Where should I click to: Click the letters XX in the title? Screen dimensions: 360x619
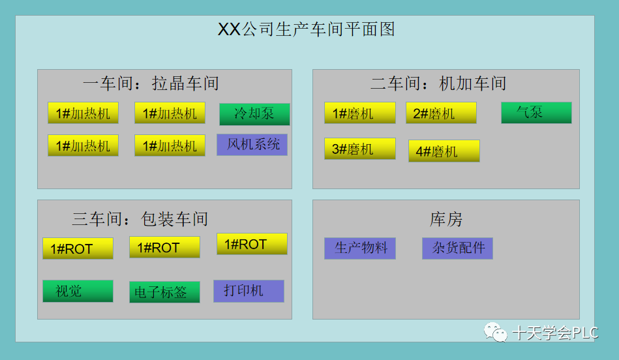(x=229, y=29)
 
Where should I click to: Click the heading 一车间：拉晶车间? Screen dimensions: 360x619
(x=151, y=83)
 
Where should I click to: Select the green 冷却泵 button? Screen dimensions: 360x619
(x=254, y=113)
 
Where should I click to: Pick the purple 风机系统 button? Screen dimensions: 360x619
(x=252, y=144)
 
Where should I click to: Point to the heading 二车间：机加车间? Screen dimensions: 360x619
(x=438, y=83)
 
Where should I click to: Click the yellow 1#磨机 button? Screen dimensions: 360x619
(x=359, y=113)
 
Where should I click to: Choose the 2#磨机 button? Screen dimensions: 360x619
(x=441, y=113)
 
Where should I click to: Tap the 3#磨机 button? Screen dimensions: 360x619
(x=359, y=149)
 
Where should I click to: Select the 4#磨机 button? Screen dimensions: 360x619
(x=444, y=151)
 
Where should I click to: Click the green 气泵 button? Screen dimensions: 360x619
(x=536, y=112)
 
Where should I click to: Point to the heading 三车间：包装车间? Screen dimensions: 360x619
(x=140, y=219)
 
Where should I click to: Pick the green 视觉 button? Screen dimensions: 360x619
(x=78, y=291)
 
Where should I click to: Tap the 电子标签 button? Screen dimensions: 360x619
(x=164, y=292)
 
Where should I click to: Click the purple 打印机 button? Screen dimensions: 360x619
(x=249, y=290)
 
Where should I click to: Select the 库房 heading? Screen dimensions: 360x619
(x=446, y=220)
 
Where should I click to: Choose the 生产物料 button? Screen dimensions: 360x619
(x=359, y=248)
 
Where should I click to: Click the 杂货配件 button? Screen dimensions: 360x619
(x=457, y=248)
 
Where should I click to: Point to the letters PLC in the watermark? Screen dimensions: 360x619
(x=586, y=333)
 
